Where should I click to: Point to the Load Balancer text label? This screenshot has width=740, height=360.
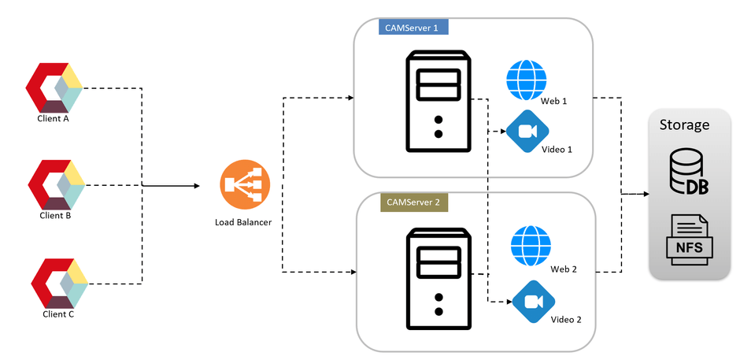click(x=243, y=222)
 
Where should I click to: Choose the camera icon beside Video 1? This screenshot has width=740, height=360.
click(x=527, y=132)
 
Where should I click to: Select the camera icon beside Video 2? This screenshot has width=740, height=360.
click(x=534, y=302)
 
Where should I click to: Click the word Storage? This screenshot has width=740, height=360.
click(x=684, y=124)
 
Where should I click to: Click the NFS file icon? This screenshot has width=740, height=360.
click(x=690, y=238)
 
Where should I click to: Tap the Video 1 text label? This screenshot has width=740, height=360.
click(x=557, y=149)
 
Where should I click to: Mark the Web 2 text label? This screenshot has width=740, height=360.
click(x=564, y=269)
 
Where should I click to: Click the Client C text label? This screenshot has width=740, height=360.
click(x=58, y=314)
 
